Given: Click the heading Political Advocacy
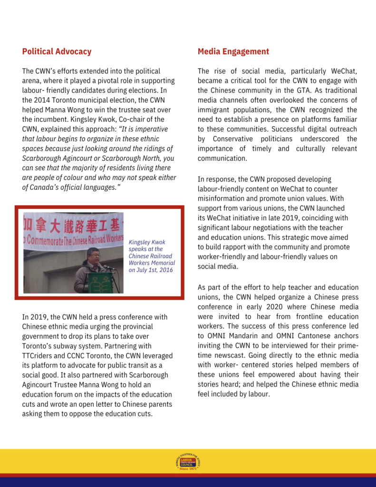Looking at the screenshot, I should pyautogui.click(x=57, y=51).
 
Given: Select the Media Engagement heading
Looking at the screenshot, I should pyautogui.click(x=233, y=51).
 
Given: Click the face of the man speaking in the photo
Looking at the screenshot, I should pyautogui.click(x=93, y=255).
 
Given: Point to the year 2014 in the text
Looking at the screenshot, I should pyautogui.click(x=42, y=100).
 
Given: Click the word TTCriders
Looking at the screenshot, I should pyautogui.click(x=42, y=356).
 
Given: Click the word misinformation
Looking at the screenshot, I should pyautogui.click(x=221, y=198).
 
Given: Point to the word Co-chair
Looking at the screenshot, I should pyautogui.click(x=131, y=119).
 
